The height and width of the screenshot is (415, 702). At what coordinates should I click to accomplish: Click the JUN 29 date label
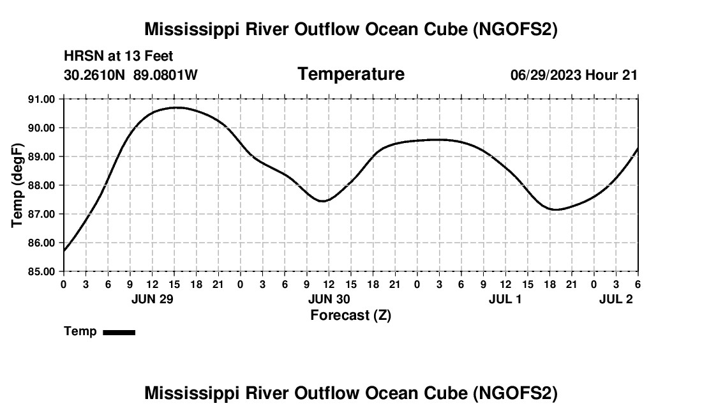[x=153, y=299]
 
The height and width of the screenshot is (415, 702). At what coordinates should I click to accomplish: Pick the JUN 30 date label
[x=329, y=299]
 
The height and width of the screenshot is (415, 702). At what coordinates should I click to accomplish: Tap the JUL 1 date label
[x=505, y=299]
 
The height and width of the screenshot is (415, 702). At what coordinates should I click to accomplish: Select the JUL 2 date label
[x=616, y=299]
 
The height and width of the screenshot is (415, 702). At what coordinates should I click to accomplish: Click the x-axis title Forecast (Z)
[x=350, y=315]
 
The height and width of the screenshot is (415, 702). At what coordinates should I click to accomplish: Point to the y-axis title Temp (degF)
[x=19, y=185]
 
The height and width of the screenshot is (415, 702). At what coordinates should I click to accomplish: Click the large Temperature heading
[x=351, y=74]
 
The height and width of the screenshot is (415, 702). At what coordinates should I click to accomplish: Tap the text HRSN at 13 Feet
[x=119, y=57]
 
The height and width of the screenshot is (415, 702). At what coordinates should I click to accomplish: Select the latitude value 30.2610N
[x=96, y=75]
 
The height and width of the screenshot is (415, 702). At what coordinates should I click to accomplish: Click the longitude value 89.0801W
[x=165, y=75]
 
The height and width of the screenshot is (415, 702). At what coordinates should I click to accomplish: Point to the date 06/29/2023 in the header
[x=546, y=75]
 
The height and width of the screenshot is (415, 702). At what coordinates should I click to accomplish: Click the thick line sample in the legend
[x=119, y=332]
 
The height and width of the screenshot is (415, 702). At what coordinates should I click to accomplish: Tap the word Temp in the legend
[x=80, y=331]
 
